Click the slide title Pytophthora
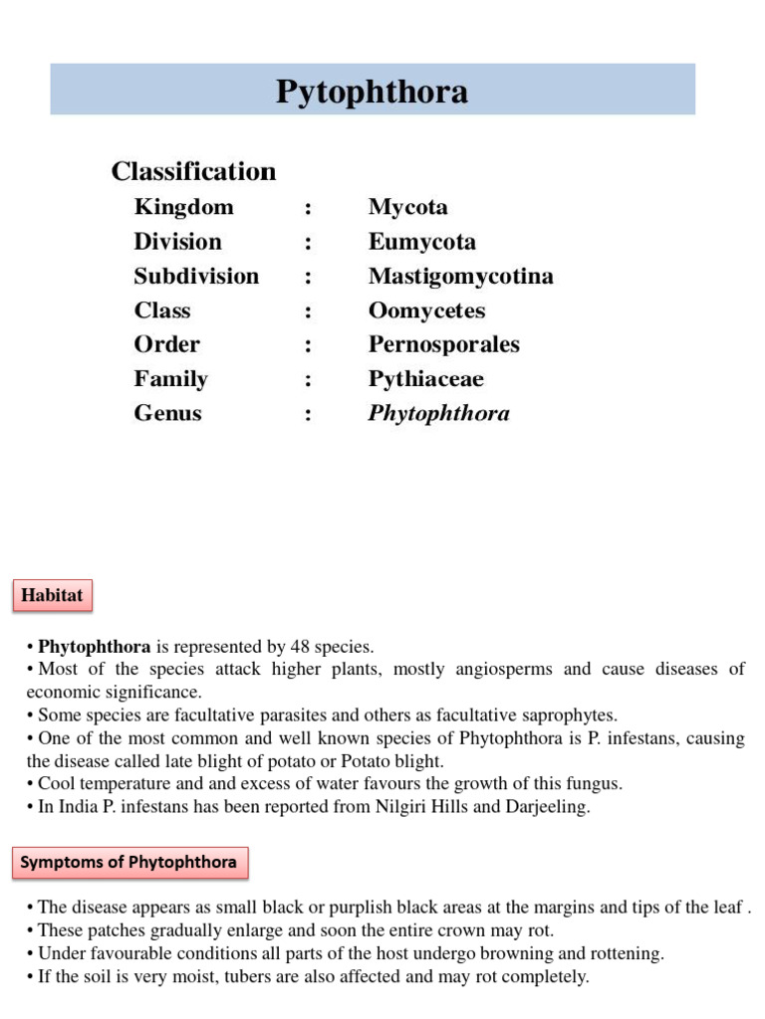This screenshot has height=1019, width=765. coord(372,93)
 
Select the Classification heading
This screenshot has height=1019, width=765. coord(193,171)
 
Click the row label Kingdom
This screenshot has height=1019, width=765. coord(184,207)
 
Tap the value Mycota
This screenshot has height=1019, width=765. coord(407,207)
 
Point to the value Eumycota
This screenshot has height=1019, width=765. coord(421,242)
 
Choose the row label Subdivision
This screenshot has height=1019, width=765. coord(196,276)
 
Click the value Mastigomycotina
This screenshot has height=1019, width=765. coord(460,276)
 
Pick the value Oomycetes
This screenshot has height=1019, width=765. coord(426,310)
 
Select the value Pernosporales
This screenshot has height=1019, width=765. coord(443,344)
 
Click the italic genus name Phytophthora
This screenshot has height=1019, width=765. coord(438,413)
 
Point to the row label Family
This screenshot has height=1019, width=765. coord(171,379)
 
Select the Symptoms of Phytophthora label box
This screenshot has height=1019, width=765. coord(129,862)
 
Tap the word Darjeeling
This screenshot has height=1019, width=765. coord(550,807)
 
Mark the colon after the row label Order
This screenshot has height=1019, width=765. coord(309,345)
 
